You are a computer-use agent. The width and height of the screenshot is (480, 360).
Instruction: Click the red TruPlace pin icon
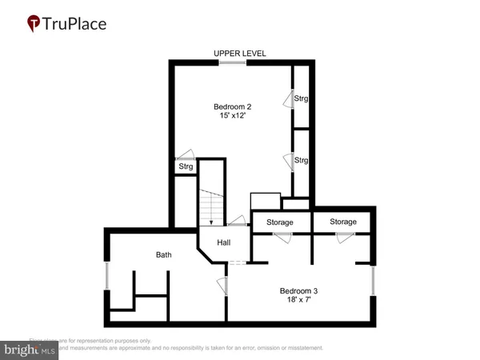click(34, 24)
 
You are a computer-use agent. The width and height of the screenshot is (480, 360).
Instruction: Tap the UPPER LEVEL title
click(240, 54)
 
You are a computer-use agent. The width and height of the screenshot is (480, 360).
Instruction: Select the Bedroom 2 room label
click(231, 106)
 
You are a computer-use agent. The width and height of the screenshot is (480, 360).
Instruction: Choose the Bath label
click(163, 255)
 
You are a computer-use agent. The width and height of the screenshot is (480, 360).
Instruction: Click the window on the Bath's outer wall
click(106, 277)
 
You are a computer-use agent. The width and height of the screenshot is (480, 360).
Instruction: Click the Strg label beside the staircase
click(185, 167)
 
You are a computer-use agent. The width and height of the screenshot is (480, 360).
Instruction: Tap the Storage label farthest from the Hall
click(343, 222)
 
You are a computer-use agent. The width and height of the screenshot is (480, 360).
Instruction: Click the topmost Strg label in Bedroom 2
click(301, 99)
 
